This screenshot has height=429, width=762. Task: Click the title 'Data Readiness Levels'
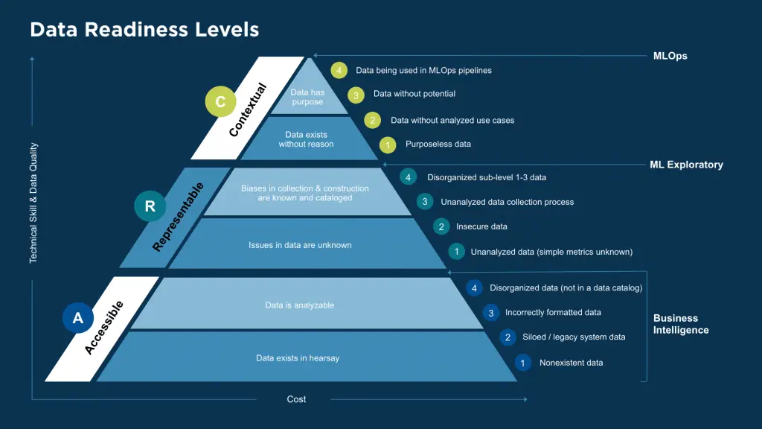pyautogui.click(x=144, y=30)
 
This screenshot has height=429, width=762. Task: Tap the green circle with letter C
pyautogui.click(x=221, y=102)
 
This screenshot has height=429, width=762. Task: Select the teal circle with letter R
pyautogui.click(x=150, y=206)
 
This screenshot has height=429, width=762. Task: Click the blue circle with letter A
pyautogui.click(x=77, y=318)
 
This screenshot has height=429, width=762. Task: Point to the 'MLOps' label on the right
pyautogui.click(x=670, y=56)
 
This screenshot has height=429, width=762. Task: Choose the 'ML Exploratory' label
pyautogui.click(x=686, y=165)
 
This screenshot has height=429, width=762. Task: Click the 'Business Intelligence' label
pyautogui.click(x=680, y=324)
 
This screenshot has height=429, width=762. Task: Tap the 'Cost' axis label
pyautogui.click(x=296, y=399)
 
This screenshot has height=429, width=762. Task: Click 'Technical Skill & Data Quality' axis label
pyautogui.click(x=33, y=203)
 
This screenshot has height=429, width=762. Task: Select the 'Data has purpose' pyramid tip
pyautogui.click(x=307, y=97)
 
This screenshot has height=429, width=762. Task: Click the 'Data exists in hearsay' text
pyautogui.click(x=298, y=358)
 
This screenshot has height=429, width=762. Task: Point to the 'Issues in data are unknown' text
pyautogui.click(x=300, y=245)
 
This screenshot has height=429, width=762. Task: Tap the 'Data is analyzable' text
pyautogui.click(x=300, y=305)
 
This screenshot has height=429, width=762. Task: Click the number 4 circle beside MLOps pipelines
pyautogui.click(x=339, y=71)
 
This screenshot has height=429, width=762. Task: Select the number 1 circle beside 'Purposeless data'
pyautogui.click(x=387, y=144)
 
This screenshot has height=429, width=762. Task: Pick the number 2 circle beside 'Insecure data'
pyautogui.click(x=441, y=227)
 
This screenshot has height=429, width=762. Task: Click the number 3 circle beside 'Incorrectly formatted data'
pyautogui.click(x=490, y=313)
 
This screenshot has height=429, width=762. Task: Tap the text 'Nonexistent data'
pyautogui.click(x=571, y=363)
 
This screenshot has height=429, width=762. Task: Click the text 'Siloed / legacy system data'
pyautogui.click(x=574, y=337)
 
